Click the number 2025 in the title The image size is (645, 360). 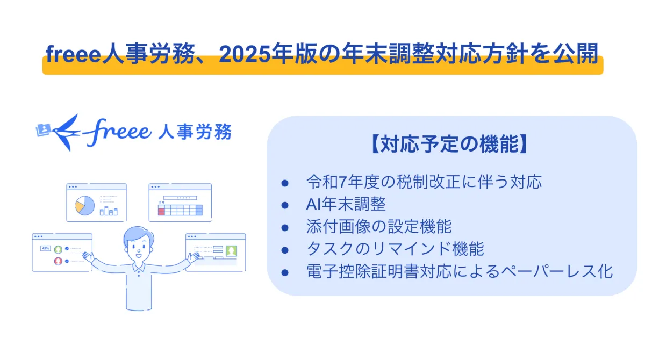tap(245, 54)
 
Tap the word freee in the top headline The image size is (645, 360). tap(73, 54)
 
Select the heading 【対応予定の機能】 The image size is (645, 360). tap(450, 143)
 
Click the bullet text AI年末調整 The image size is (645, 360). tap(346, 204)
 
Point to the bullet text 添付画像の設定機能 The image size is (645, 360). tap(378, 226)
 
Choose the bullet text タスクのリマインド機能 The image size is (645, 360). tap(395, 249)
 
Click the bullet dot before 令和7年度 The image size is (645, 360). tap(285, 183)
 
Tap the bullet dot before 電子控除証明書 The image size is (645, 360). tap(285, 272)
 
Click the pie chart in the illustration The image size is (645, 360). tap(85, 205)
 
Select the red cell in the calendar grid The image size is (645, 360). tap(161, 212)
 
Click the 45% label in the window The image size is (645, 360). tap(46, 248)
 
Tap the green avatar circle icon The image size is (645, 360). tap(58, 249)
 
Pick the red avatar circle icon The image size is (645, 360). tap(58, 261)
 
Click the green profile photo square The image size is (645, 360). tap(231, 251)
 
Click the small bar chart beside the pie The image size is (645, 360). tap(109, 211)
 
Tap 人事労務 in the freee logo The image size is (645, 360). tap(195, 132)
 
